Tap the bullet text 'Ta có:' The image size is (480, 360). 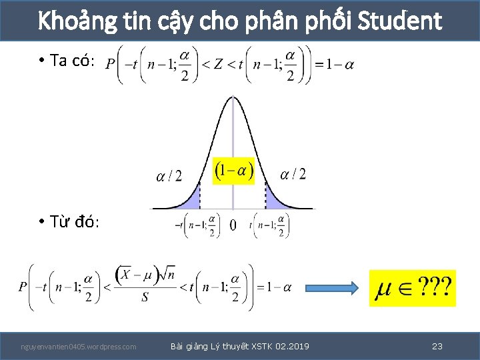point(73,61)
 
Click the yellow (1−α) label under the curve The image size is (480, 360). point(233,171)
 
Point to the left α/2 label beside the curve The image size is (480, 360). point(169,175)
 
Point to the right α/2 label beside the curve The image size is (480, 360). point(293,174)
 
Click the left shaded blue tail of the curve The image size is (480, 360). point(192,199)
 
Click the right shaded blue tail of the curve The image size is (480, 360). point(273,199)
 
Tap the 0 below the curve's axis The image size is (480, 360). point(233,225)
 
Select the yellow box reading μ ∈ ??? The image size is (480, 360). point(412,288)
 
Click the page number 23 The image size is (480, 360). point(437,346)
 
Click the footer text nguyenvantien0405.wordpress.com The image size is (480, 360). point(79,347)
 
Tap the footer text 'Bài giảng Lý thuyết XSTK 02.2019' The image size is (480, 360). point(240,346)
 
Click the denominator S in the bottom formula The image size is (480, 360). point(145,297)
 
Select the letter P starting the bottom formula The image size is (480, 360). point(23,287)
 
